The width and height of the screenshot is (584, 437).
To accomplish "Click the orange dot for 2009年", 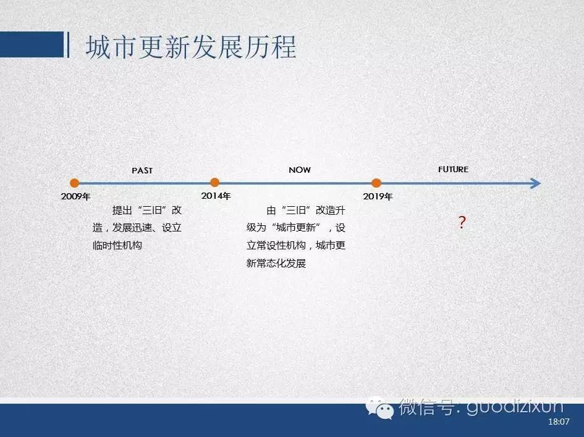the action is (x=75, y=183).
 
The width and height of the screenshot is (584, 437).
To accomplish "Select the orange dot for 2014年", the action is (x=214, y=182).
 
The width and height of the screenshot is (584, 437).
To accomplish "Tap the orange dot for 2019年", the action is (x=376, y=183).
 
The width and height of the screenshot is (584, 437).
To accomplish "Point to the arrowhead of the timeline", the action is (x=536, y=183).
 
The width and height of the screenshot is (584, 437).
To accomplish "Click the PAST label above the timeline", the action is (x=142, y=170).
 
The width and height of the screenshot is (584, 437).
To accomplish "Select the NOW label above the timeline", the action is (x=300, y=170).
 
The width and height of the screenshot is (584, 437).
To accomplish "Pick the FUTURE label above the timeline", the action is (x=453, y=169).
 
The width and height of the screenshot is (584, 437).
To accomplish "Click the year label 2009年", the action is (x=75, y=196).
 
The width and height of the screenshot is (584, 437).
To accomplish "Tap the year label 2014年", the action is (x=216, y=196).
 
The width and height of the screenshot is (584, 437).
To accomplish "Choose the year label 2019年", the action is (x=378, y=196).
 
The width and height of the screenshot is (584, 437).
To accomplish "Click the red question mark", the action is (x=462, y=222).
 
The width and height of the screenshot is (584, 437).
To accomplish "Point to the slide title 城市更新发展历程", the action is (x=191, y=47).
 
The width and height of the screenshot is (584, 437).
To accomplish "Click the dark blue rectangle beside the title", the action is (x=32, y=44).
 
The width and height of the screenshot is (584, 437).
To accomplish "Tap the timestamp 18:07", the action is (x=559, y=422).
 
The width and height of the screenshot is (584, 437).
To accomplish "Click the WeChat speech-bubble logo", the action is (x=379, y=409).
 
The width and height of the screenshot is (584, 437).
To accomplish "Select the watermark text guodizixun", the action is (x=515, y=407).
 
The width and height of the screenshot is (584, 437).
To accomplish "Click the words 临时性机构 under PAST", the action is (x=117, y=246).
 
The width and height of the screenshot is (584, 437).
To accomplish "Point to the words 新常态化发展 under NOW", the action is (x=276, y=264).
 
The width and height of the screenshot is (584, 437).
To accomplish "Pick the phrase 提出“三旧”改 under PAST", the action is (x=146, y=210).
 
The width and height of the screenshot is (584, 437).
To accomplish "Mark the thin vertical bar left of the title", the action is (x=68, y=44).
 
